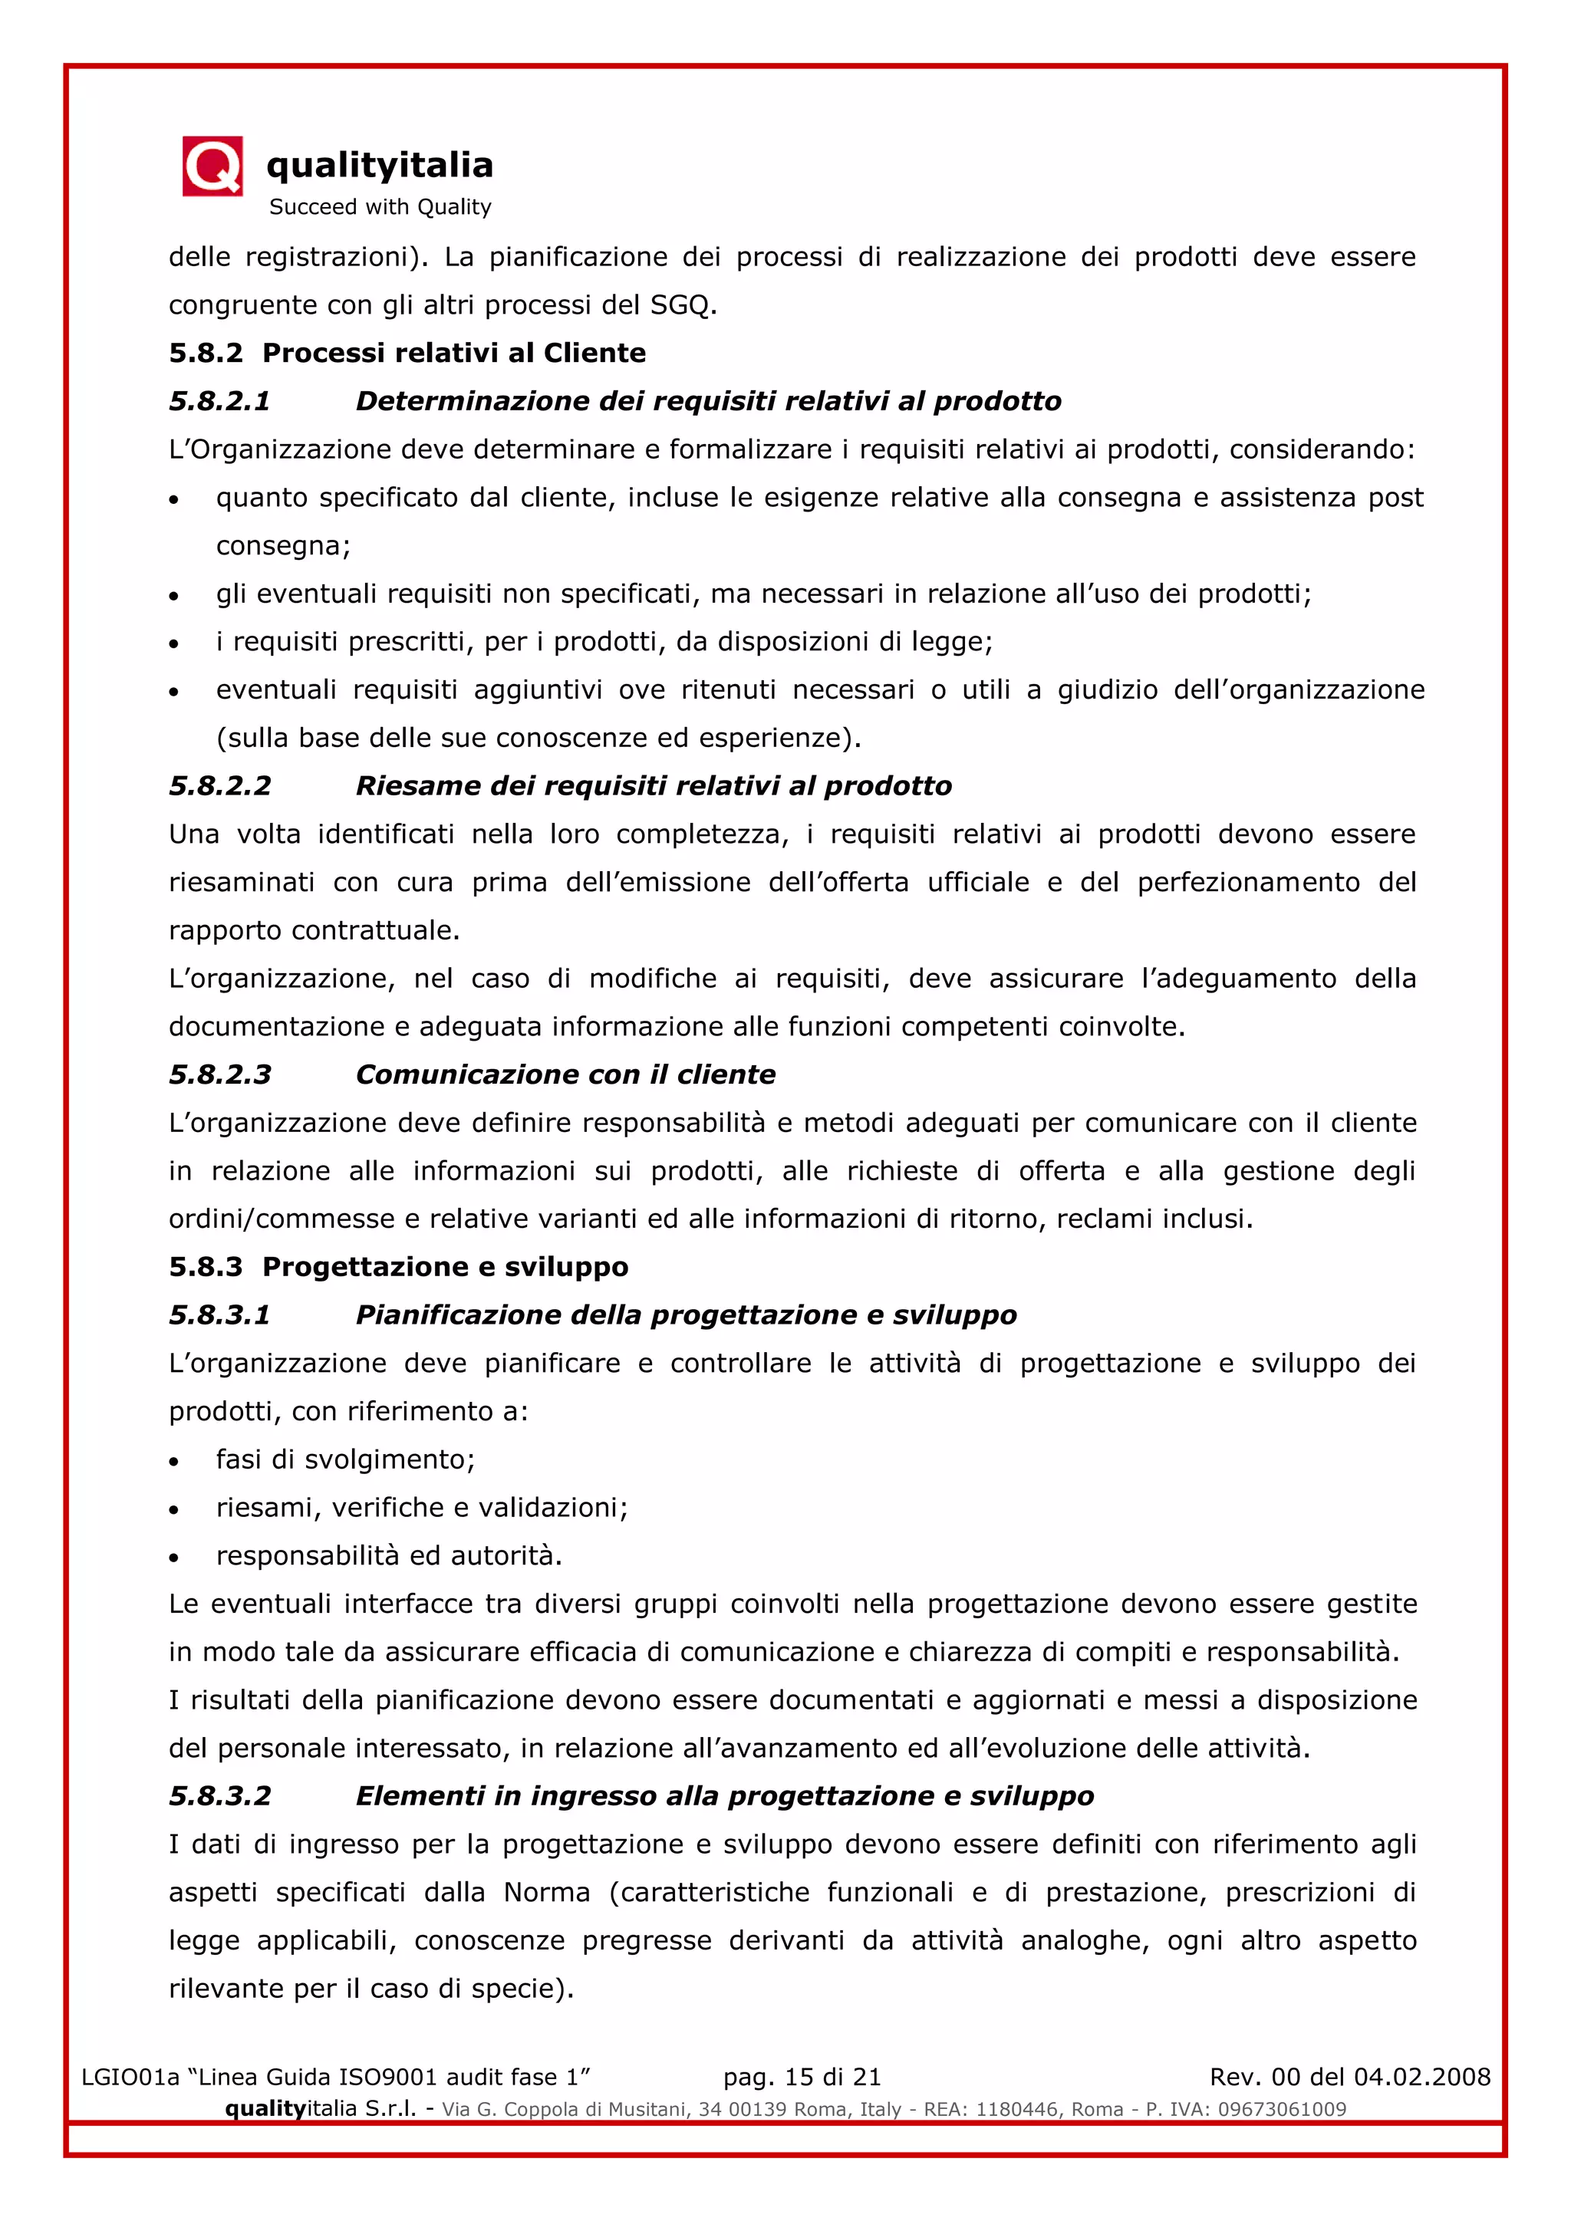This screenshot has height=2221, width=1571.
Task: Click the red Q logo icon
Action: tap(212, 166)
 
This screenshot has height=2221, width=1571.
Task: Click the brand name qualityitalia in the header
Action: tap(379, 166)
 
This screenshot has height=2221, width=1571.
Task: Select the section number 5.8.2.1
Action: tap(219, 401)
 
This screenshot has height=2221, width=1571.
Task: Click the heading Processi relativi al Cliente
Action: tap(453, 353)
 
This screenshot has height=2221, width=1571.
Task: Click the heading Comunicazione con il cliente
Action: tap(565, 1074)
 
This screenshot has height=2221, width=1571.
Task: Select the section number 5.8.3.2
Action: tap(219, 1796)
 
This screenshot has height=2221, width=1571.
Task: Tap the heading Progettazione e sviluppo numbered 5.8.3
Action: tap(445, 1267)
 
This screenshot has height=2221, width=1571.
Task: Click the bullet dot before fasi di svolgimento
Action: tap(174, 1462)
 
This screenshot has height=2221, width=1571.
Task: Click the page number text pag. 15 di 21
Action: tap(802, 2077)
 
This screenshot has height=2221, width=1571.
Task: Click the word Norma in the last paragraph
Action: tap(547, 1893)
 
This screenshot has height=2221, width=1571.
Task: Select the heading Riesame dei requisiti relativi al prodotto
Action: tap(653, 786)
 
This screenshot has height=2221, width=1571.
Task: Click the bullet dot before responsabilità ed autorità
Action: tap(174, 1558)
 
